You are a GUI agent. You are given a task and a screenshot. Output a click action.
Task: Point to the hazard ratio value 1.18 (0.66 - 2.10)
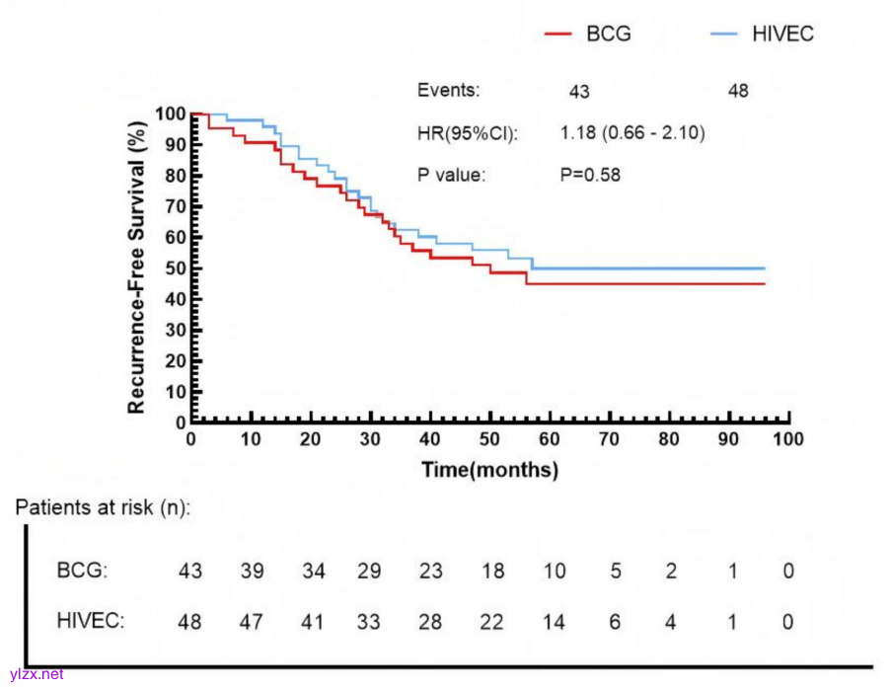[632, 133]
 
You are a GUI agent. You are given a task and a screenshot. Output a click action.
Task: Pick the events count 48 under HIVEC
[738, 91]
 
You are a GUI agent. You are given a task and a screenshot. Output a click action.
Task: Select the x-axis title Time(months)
[489, 470]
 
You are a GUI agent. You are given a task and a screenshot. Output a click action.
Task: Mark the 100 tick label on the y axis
[170, 115]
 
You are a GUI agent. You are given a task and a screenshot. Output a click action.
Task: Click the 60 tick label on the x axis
[550, 439]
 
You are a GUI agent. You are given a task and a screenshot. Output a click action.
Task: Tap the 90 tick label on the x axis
[729, 439]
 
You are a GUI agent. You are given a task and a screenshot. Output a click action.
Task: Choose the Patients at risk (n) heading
[103, 507]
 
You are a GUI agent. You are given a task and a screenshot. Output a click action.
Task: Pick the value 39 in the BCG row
[252, 572]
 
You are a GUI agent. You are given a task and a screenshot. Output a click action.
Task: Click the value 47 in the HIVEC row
[252, 622]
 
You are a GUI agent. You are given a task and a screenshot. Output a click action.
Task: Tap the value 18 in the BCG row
[492, 572]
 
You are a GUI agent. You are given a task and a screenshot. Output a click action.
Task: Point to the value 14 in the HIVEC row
[554, 622]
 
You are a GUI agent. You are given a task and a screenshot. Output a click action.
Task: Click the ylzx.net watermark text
[37, 674]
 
